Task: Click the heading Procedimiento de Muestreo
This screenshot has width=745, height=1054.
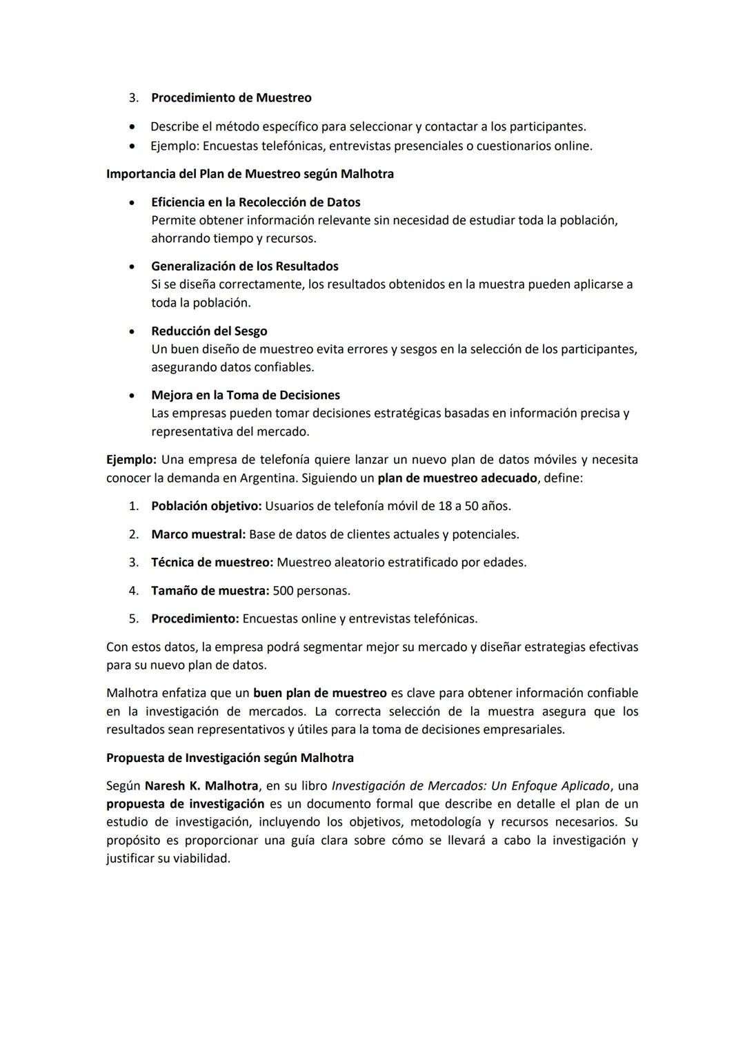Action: [231, 98]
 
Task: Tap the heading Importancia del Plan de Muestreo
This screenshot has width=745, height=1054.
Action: [250, 174]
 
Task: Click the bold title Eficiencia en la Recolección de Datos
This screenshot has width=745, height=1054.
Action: [255, 202]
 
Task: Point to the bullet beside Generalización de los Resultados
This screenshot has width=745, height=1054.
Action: [131, 266]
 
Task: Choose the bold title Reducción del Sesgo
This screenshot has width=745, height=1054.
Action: [209, 331]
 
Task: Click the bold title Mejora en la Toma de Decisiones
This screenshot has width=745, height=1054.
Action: [246, 396]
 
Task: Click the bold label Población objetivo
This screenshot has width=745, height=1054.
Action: [206, 506]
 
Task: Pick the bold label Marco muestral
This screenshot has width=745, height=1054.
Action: [198, 534]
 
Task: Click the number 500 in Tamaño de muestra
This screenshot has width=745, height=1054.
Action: [283, 591]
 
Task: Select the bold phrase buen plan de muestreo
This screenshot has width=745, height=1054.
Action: [319, 693]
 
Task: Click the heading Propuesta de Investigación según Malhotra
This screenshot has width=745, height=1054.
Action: [230, 758]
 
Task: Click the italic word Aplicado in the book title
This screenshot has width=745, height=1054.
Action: [585, 786]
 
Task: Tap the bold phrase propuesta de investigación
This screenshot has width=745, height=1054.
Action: [185, 804]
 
